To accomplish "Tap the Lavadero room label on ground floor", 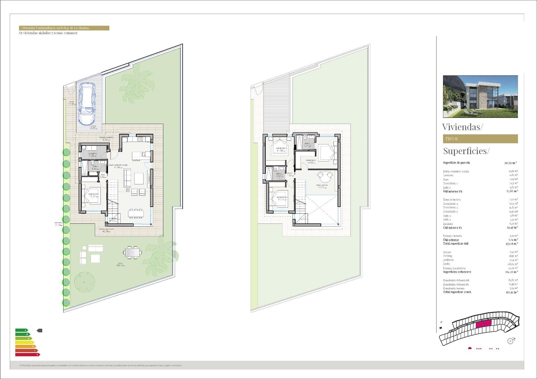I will pos(93,154).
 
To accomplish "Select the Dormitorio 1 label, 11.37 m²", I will pos(93,194).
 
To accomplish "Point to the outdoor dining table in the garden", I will pos(132,252).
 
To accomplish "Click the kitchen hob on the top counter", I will pos(140,139).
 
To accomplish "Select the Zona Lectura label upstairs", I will pos(322,185).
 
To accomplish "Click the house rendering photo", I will pos(480,97).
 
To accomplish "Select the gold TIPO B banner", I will pos(480,139).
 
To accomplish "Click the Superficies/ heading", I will pos(466,151).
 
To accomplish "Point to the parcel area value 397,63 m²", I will pos(510,163).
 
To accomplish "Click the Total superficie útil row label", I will pos(455,244).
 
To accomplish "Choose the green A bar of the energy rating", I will pos(22,330).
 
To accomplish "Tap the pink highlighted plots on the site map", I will pos(484,324).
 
